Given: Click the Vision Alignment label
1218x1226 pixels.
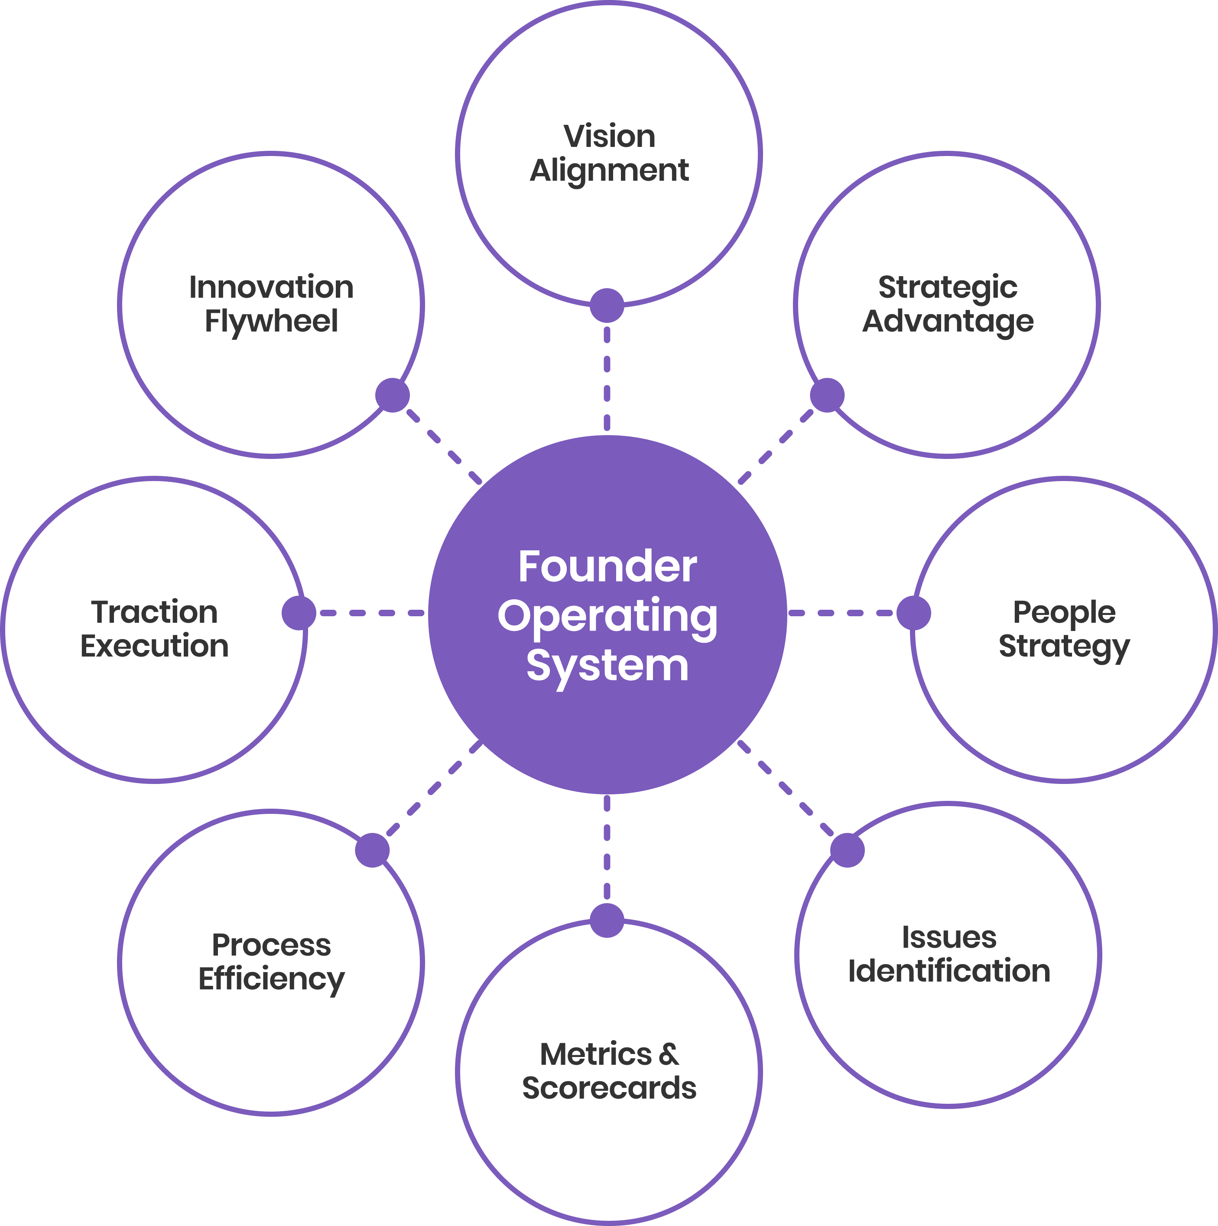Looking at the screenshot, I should click(x=609, y=153).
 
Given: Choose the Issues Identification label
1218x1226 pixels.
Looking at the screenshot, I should click(x=949, y=954).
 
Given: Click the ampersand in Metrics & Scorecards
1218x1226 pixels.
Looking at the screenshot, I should click(x=668, y=1055).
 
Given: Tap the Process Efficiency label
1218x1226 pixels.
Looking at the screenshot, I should click(x=272, y=962).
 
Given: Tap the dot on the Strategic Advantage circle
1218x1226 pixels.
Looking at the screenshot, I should click(x=827, y=395).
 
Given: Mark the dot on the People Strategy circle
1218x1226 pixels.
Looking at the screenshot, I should click(x=913, y=613).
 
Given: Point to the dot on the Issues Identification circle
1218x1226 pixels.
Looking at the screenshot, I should click(x=848, y=850).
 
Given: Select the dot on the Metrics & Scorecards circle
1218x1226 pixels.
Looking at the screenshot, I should click(x=607, y=921).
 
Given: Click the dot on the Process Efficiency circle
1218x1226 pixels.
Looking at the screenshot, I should click(x=372, y=850).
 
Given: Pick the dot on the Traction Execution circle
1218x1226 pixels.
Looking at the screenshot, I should click(x=299, y=613).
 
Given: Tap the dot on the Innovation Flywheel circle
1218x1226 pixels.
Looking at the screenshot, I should click(x=393, y=395).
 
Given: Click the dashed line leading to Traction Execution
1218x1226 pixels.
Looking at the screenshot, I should click(x=371, y=613).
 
